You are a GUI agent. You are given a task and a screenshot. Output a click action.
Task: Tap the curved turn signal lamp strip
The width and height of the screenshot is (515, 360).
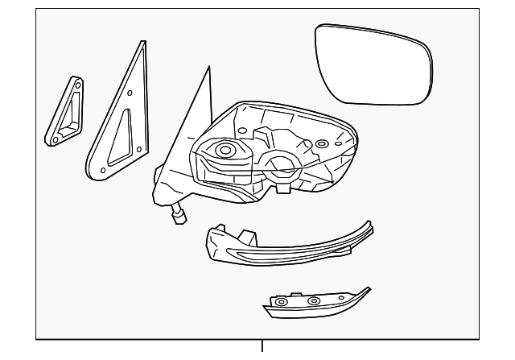click(x=282, y=246)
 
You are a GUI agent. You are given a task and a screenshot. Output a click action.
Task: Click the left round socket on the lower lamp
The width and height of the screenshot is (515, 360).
click(x=282, y=304)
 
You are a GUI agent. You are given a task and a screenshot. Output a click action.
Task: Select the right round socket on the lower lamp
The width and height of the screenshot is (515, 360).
click(x=313, y=301)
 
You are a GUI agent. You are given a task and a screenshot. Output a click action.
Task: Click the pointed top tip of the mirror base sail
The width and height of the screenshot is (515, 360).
click(x=208, y=69)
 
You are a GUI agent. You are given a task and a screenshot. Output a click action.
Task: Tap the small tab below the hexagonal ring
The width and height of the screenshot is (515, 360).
click(x=284, y=190)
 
